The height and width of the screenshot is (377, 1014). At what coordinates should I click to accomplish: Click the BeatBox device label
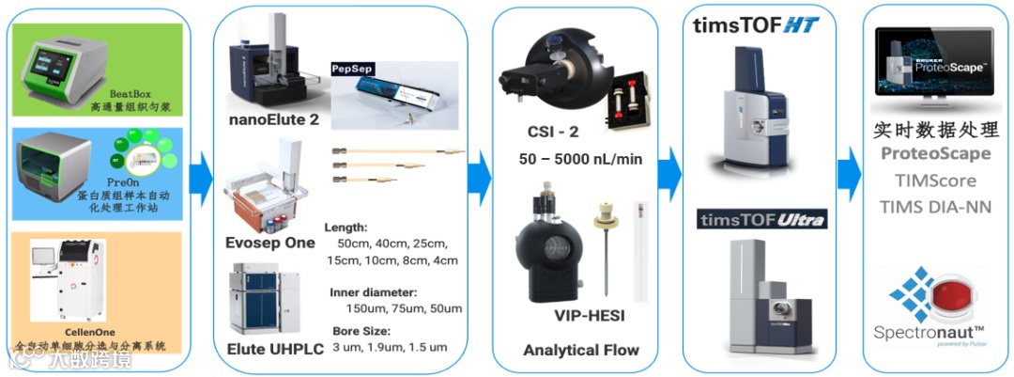130,94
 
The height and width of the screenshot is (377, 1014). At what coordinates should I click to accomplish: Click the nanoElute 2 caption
274,120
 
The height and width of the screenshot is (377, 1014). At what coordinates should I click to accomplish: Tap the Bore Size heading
360,331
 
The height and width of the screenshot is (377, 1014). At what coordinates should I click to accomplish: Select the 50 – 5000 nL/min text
580,159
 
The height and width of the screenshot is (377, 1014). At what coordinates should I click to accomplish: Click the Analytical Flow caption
580,350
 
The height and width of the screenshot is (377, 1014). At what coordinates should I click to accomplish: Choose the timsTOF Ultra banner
761,220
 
